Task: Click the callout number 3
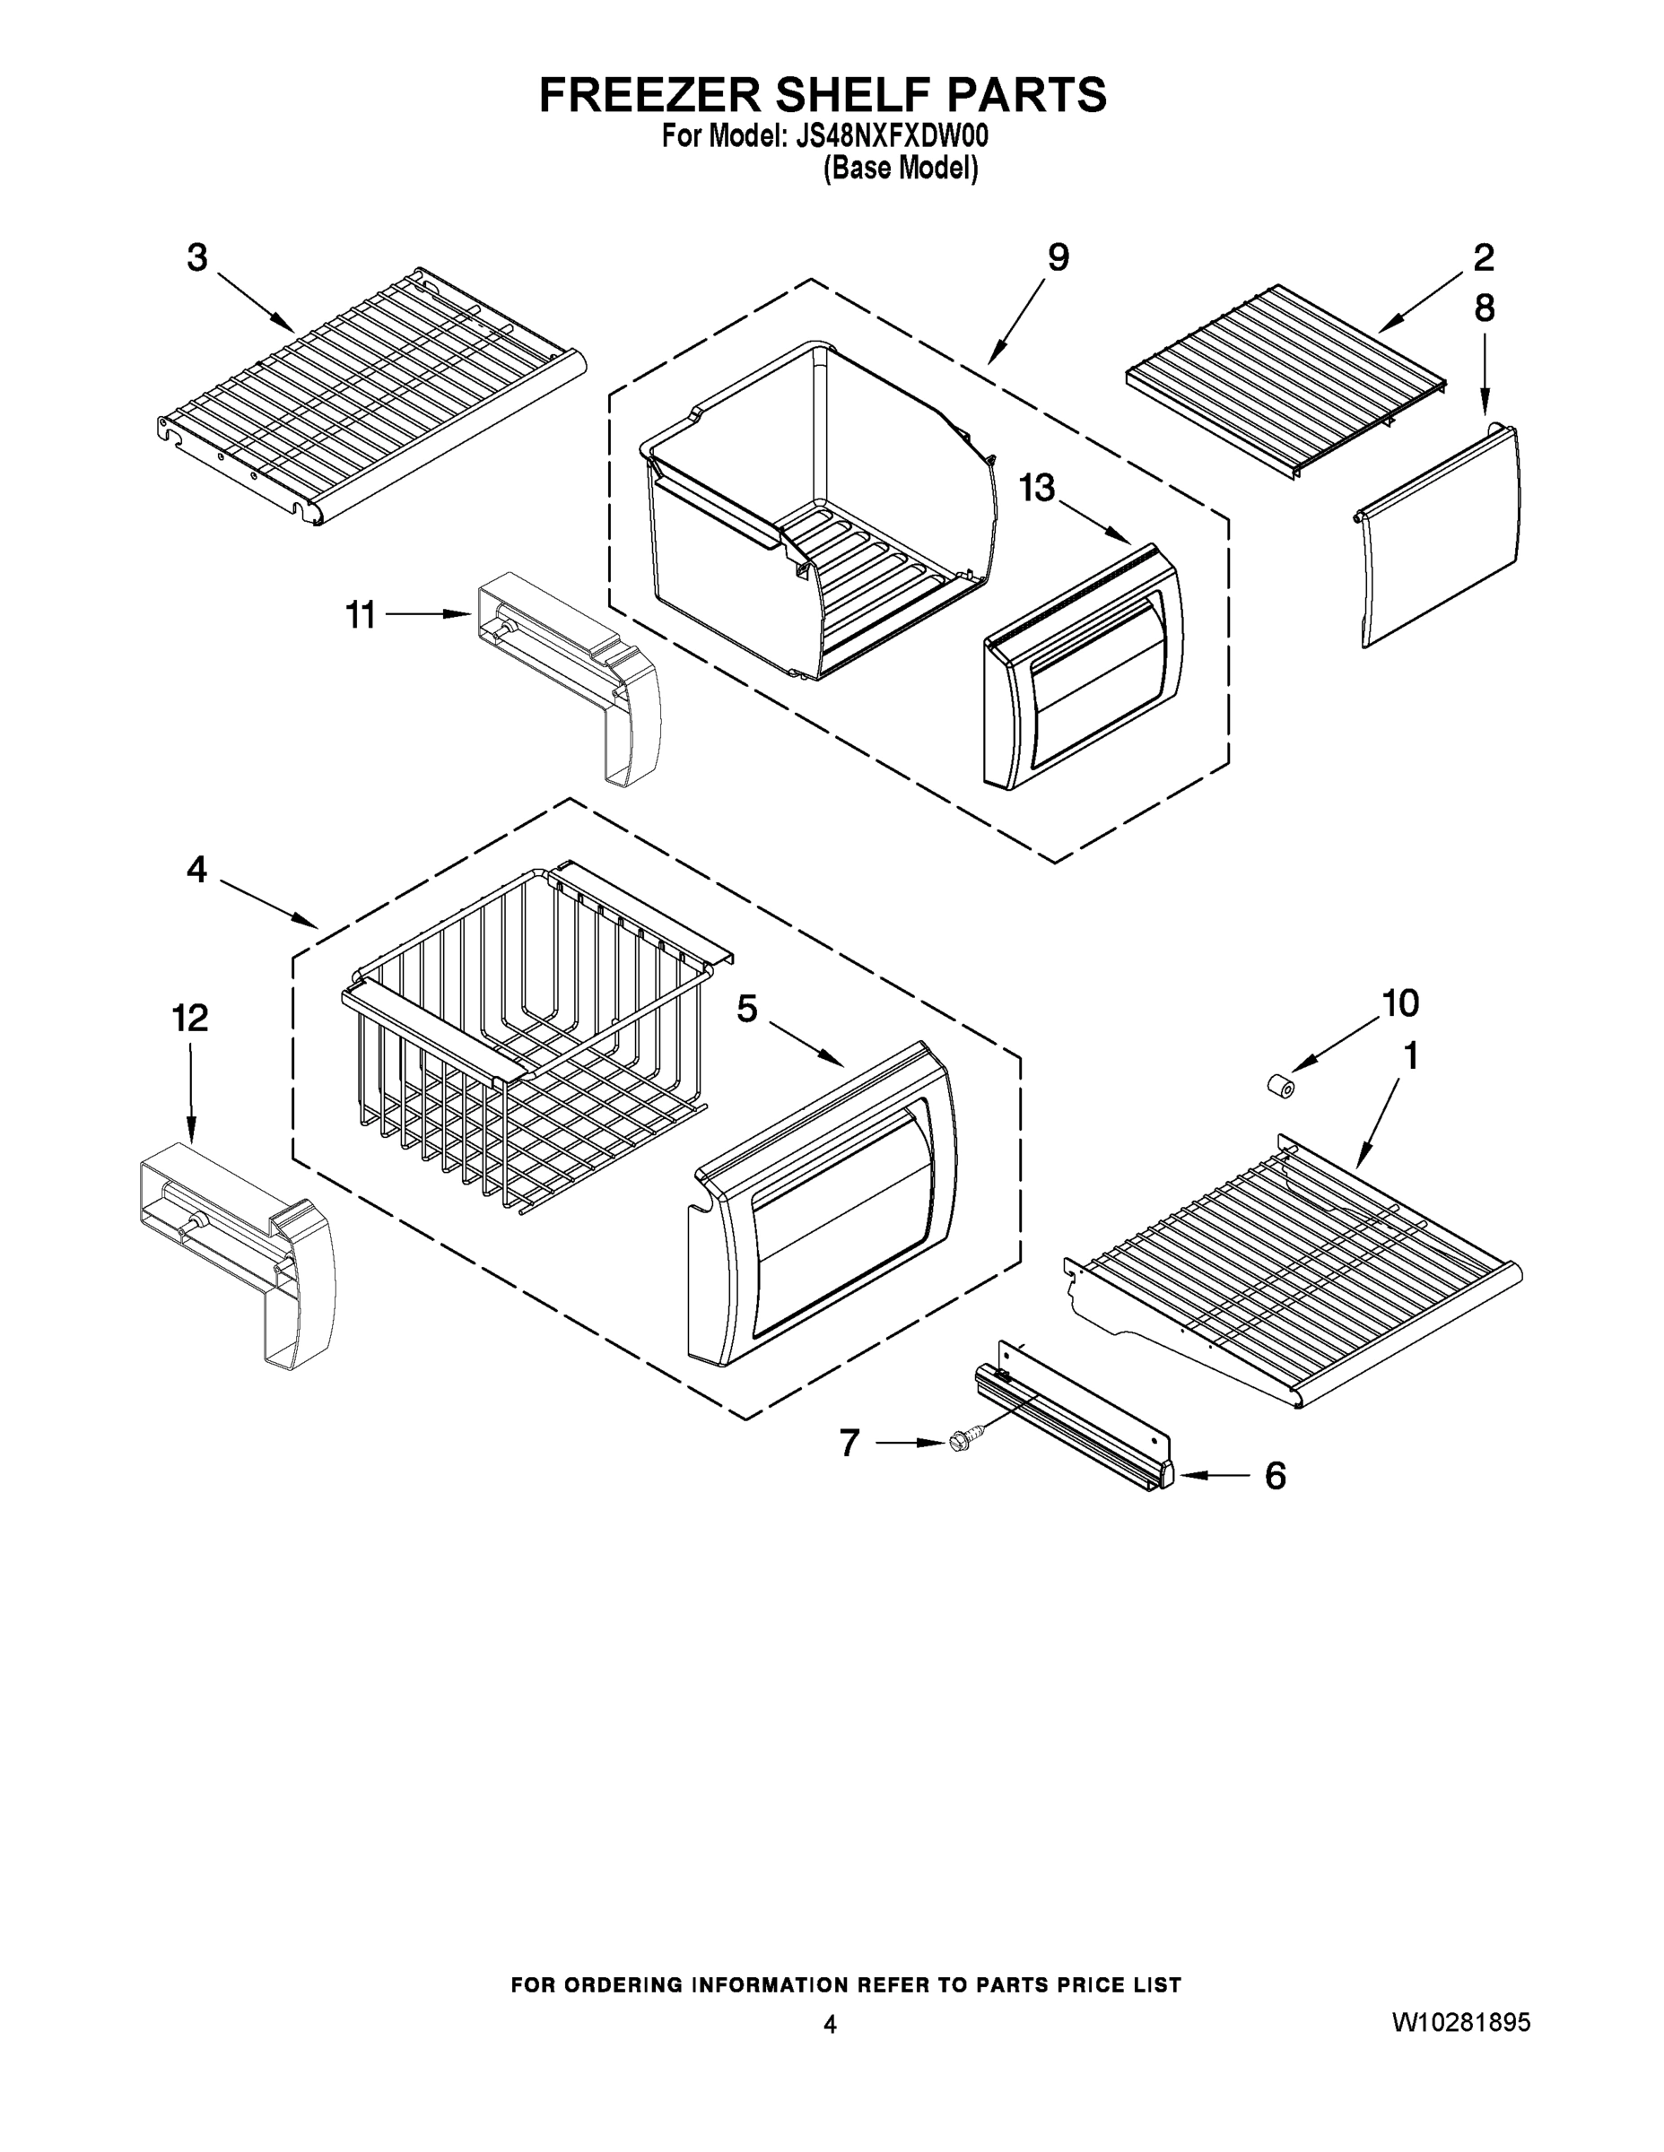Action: point(197,259)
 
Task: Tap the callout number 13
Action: point(1036,488)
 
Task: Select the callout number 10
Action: point(1399,1003)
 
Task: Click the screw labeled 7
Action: point(959,1442)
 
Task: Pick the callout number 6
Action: point(1275,1476)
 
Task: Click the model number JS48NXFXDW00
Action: point(890,135)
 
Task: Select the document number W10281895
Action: point(1461,2023)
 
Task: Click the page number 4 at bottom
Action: point(830,2024)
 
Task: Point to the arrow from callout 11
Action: point(427,614)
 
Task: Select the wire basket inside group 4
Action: point(522,1039)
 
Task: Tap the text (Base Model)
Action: point(900,169)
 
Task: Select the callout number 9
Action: point(1058,258)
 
